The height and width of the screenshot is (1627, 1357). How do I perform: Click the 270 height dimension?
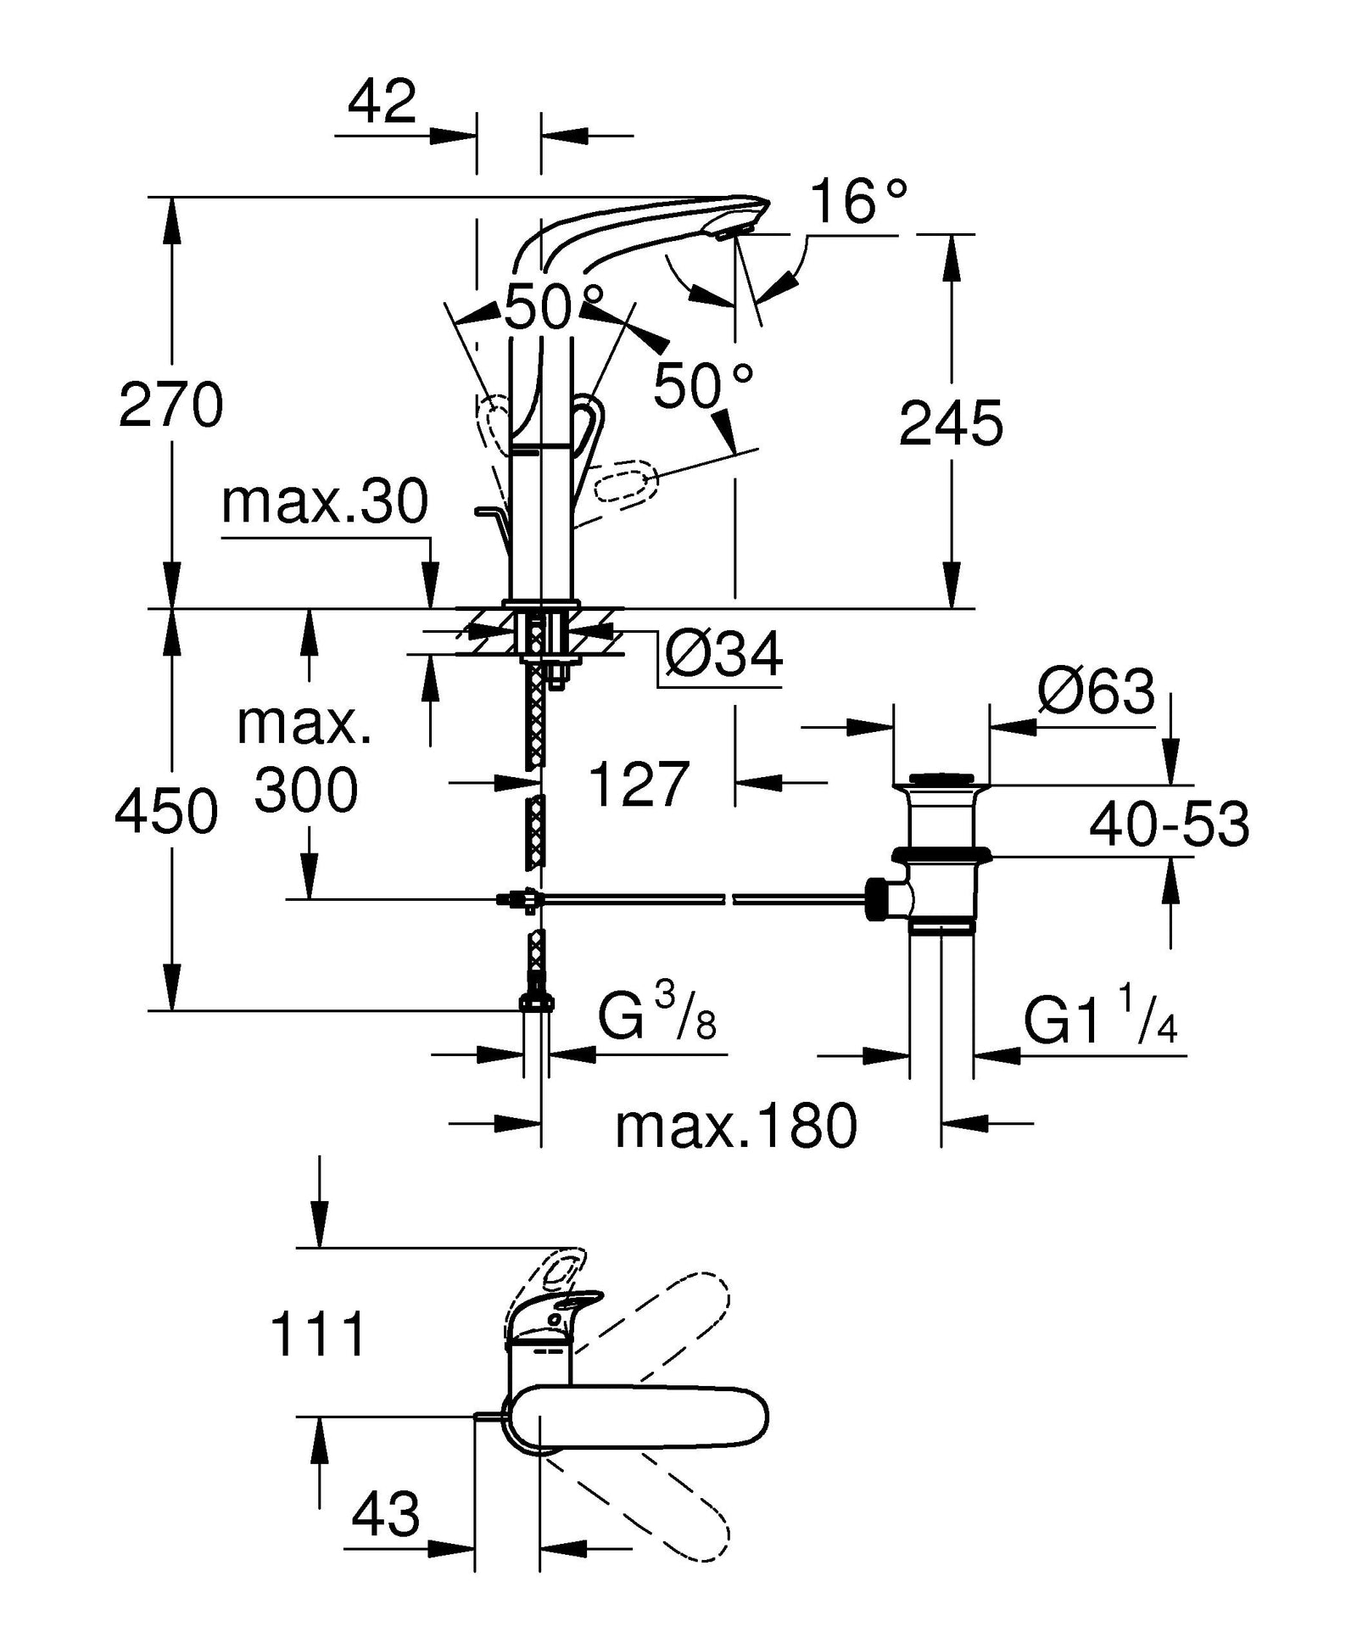(x=170, y=405)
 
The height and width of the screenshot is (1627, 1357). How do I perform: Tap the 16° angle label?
(x=857, y=202)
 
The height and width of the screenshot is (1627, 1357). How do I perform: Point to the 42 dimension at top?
(x=382, y=101)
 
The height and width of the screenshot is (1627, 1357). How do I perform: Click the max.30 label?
(x=325, y=501)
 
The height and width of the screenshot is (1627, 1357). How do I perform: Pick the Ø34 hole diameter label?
(x=723, y=654)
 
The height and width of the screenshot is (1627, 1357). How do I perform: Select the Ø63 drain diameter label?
(x=1095, y=691)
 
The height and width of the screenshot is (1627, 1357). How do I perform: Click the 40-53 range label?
(x=1169, y=824)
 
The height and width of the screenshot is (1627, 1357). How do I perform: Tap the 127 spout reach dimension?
(x=638, y=785)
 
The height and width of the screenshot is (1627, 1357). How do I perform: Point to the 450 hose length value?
(x=166, y=811)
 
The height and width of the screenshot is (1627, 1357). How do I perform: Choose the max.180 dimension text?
(x=736, y=1127)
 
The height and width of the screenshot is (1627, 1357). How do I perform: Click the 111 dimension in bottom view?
(x=318, y=1333)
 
